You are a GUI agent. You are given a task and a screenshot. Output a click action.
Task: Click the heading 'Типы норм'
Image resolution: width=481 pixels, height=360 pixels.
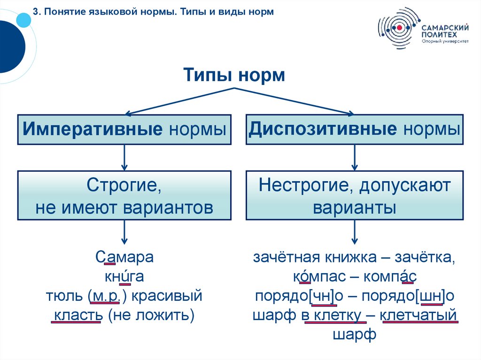[x=233, y=75]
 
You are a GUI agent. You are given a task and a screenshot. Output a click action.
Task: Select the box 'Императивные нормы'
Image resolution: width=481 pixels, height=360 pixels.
[x=124, y=129]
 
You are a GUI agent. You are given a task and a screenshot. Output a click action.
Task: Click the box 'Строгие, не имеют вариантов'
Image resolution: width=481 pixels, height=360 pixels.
[x=124, y=195]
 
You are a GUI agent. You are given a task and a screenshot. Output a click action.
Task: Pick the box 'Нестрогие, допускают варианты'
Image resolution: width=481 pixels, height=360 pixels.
[x=355, y=195]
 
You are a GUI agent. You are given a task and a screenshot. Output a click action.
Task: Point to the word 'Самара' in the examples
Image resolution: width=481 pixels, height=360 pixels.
[x=124, y=258]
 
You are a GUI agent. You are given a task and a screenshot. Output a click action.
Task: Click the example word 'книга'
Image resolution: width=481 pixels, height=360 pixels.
[x=124, y=277]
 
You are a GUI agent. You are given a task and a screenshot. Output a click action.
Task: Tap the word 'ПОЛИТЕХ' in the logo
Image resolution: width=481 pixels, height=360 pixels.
[x=438, y=34]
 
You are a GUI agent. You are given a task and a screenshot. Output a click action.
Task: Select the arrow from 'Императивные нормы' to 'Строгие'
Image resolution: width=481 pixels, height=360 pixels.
[x=124, y=157]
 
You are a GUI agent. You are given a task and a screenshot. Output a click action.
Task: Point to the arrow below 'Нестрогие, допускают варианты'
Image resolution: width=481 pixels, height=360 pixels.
[x=355, y=232]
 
